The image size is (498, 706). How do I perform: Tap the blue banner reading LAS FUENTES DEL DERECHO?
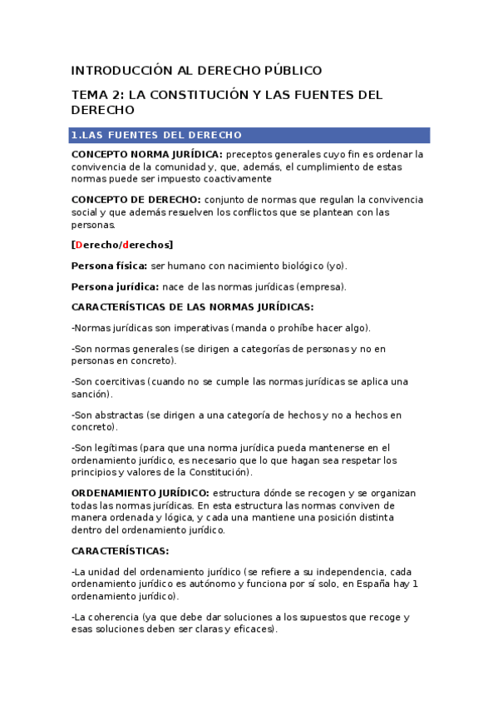pyautogui.click(x=250, y=135)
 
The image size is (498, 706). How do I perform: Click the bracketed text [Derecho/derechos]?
pyautogui.click(x=122, y=245)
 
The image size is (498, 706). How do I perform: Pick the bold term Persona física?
pyautogui.click(x=109, y=266)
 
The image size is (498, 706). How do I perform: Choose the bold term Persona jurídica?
pyautogui.click(x=113, y=286)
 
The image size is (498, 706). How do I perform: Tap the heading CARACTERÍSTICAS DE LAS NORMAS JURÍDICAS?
pyautogui.click(x=192, y=306)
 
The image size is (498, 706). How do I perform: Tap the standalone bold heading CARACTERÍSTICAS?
pyautogui.click(x=120, y=550)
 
